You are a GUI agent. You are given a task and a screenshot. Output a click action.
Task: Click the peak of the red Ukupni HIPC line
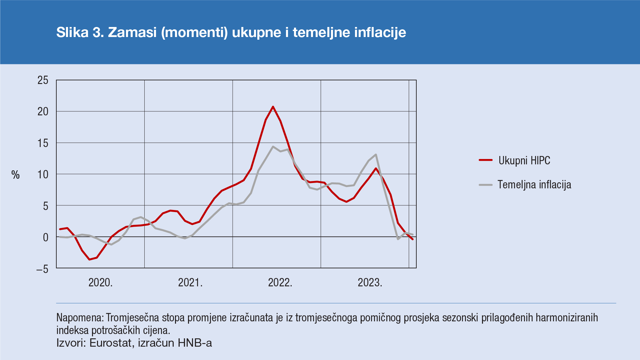tap(273, 107)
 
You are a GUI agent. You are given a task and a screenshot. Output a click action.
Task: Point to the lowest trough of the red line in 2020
tap(89, 259)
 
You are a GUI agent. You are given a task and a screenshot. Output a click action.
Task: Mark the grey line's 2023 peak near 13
tap(376, 155)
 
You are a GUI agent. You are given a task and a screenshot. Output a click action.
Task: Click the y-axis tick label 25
tap(43, 80)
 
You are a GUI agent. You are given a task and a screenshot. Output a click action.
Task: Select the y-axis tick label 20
tap(43, 112)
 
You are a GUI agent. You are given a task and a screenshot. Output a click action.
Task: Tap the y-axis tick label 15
tap(43, 143)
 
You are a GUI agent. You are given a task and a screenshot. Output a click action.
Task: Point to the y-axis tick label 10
tap(43, 175)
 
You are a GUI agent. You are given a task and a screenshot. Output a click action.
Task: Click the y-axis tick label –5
tap(42, 269)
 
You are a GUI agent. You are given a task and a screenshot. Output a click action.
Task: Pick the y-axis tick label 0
tap(46, 238)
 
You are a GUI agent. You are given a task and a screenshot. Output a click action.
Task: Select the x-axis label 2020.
tap(100, 283)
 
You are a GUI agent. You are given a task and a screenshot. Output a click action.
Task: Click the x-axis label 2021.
tap(190, 283)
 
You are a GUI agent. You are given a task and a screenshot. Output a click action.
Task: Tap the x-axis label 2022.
tap(280, 283)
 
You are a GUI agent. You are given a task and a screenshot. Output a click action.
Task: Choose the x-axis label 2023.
tap(370, 283)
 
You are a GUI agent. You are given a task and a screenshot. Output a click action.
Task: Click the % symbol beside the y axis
tap(16, 175)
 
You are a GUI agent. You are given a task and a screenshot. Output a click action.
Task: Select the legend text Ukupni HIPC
tap(524, 160)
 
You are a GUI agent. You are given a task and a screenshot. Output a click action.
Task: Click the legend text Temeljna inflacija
tap(534, 185)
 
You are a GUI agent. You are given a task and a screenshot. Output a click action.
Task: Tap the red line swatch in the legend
tap(486, 160)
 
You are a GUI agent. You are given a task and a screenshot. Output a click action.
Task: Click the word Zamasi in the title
tap(132, 32)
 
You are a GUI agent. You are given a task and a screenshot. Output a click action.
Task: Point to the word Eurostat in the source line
tap(110, 343)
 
